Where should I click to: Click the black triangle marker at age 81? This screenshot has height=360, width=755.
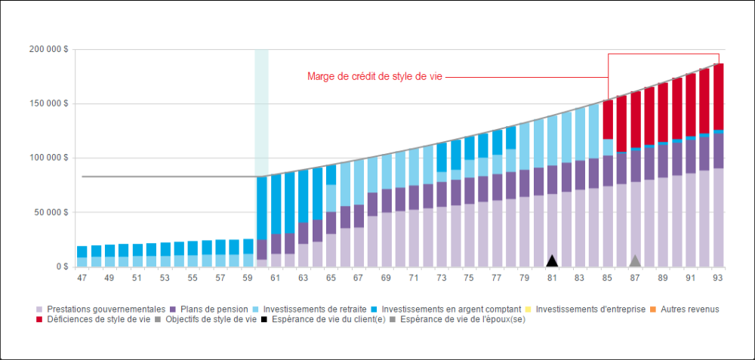click(x=552, y=261)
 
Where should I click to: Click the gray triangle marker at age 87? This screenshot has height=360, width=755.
click(x=636, y=261)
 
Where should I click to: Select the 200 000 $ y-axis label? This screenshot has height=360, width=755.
click(x=49, y=49)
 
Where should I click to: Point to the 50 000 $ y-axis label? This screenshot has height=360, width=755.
click(x=51, y=213)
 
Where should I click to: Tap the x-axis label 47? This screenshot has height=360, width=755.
click(x=82, y=278)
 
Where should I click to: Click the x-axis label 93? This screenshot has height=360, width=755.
click(x=718, y=278)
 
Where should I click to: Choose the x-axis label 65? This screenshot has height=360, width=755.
click(x=331, y=278)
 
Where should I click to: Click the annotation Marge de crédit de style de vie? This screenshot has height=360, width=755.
click(x=374, y=77)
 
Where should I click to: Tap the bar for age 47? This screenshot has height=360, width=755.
click(x=82, y=257)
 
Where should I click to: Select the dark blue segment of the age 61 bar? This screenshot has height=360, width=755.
click(x=276, y=204)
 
